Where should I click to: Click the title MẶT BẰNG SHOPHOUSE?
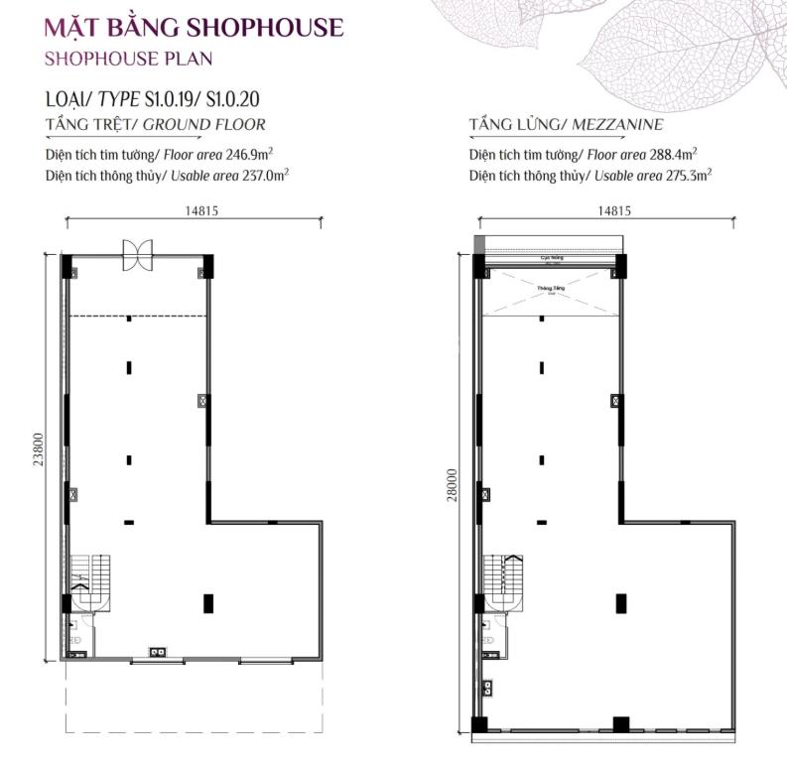click(x=195, y=27)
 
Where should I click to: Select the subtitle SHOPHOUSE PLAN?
click(x=129, y=59)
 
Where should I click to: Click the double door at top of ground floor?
click(x=137, y=255)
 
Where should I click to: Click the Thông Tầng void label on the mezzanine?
click(x=544, y=290)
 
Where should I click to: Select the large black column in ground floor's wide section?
click(x=207, y=601)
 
